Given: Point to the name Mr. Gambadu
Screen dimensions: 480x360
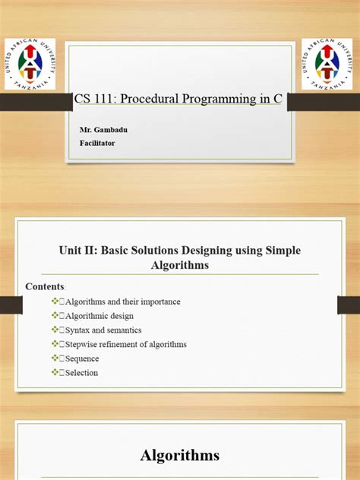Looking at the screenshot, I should click(x=104, y=131).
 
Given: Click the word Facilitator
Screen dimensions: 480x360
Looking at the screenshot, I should click(x=97, y=142).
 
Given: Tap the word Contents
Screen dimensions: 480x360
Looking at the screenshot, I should click(x=45, y=286).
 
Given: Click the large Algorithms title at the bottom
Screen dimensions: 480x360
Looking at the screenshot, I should click(x=179, y=456).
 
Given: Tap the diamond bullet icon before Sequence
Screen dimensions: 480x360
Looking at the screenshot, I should click(x=55, y=358).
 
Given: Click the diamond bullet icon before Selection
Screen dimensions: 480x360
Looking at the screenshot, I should click(x=55, y=373).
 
